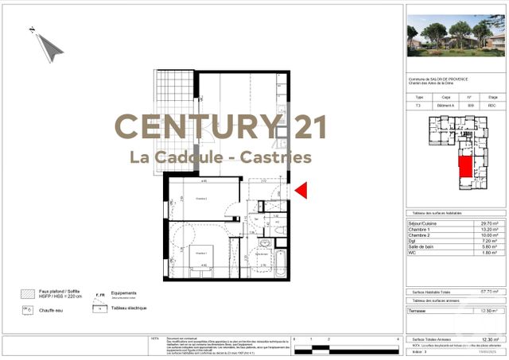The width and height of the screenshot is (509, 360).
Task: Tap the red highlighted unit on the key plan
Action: point(463,171)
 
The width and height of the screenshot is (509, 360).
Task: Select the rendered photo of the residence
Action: point(456,36)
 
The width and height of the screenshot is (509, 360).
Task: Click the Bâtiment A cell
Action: point(445,106)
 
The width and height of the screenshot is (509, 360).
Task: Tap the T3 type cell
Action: point(419,106)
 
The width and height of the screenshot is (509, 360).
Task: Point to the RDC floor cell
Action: point(492,106)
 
